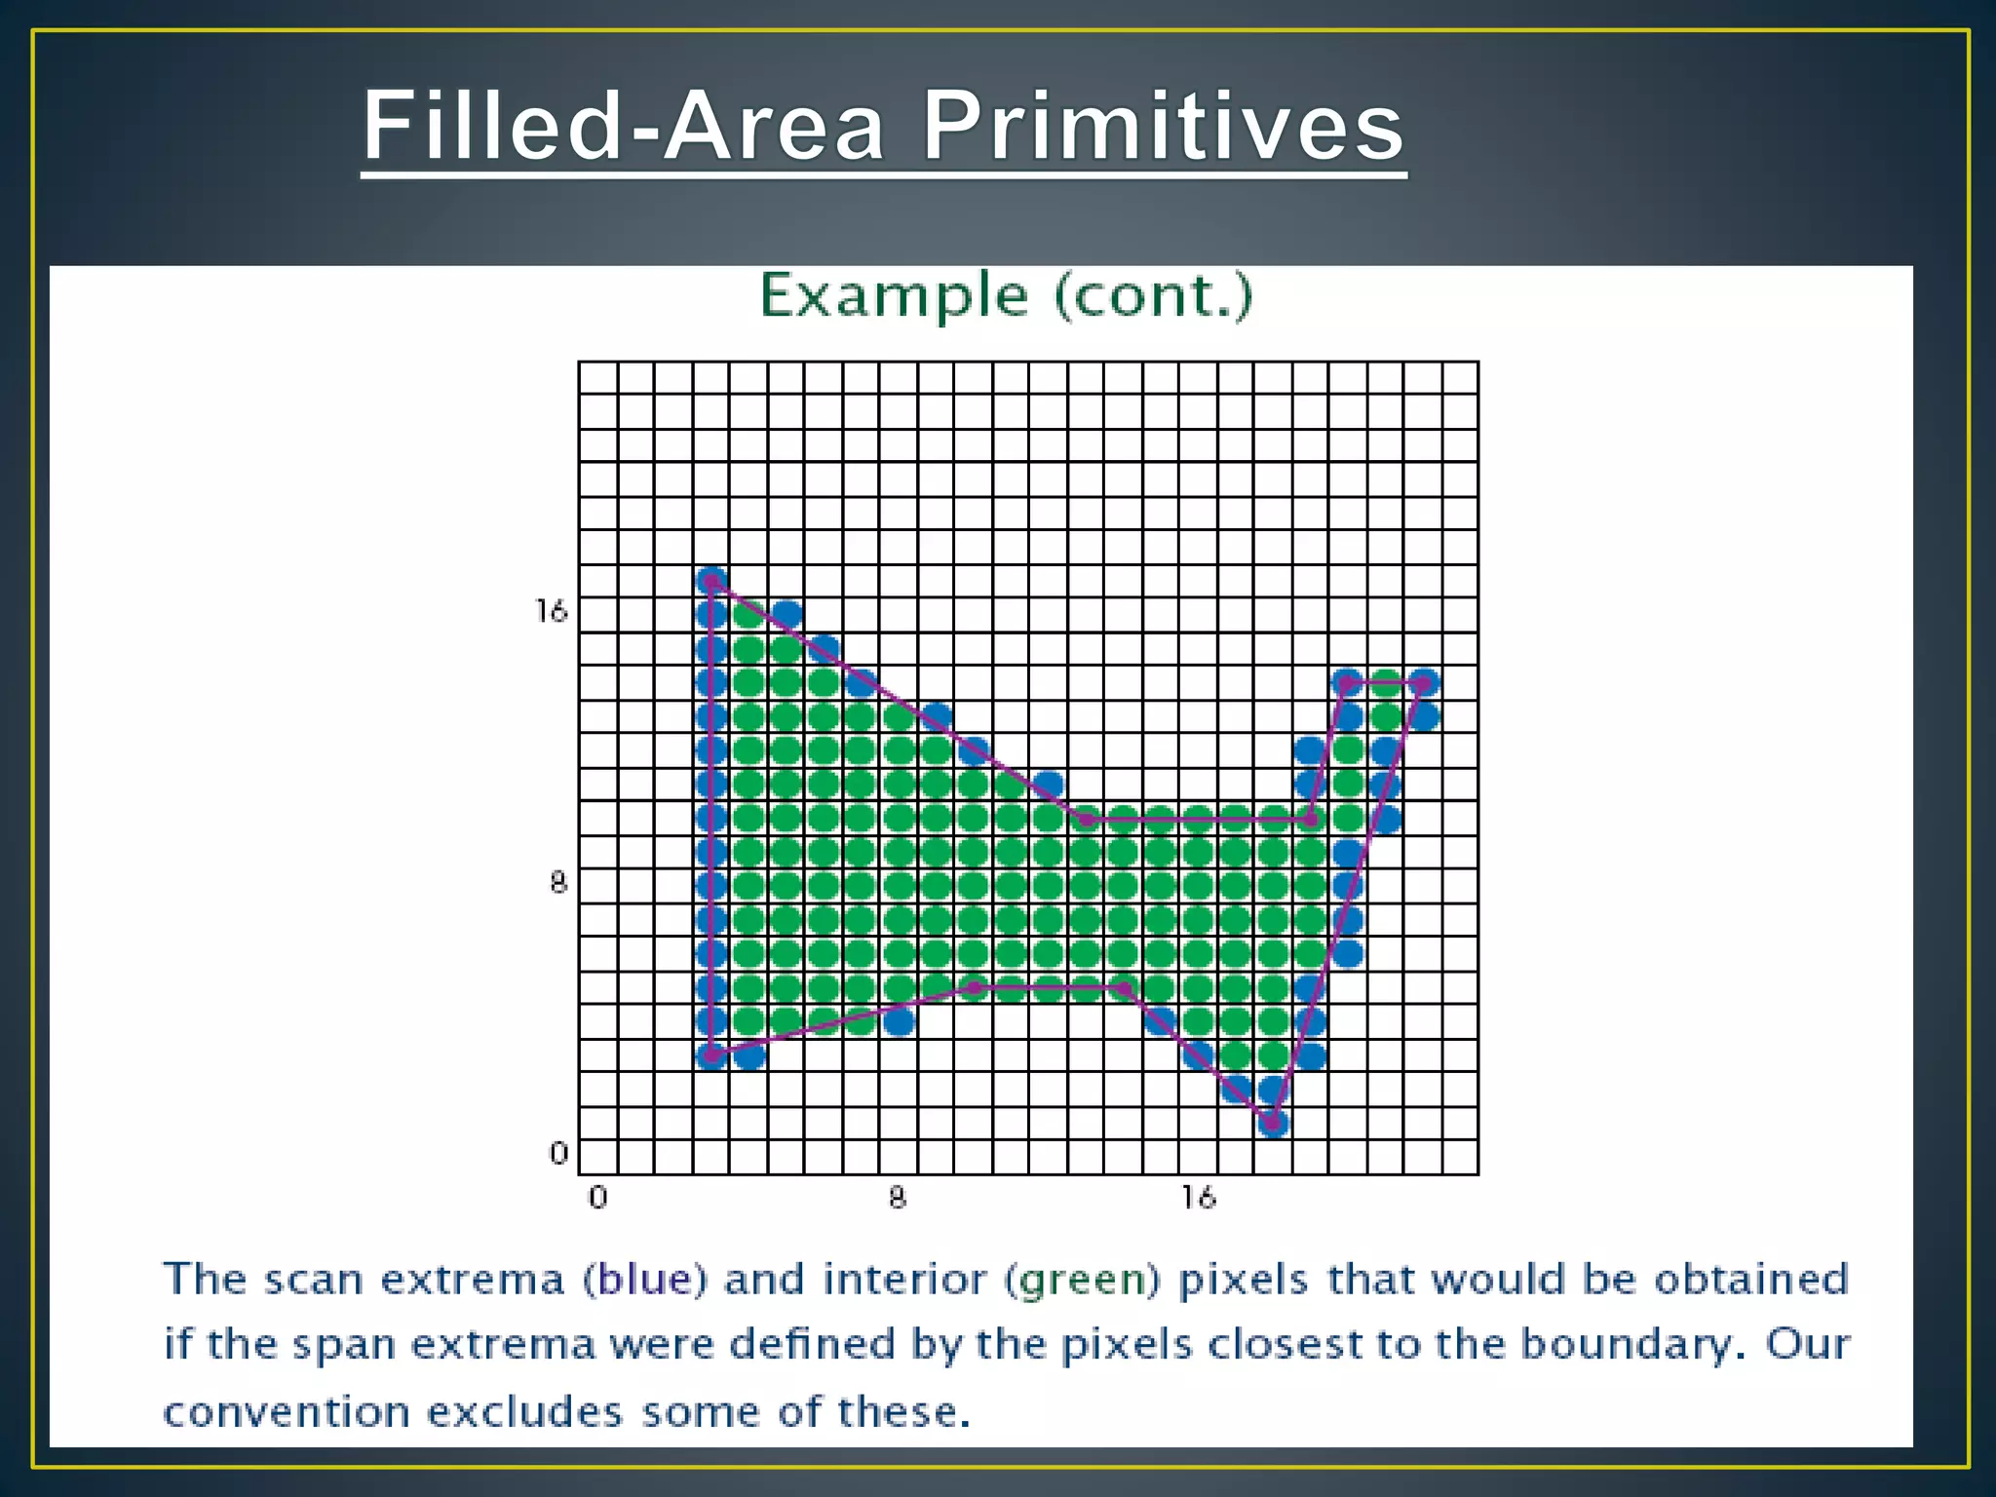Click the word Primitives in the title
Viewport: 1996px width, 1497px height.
point(1163,127)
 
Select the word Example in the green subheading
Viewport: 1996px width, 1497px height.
point(894,295)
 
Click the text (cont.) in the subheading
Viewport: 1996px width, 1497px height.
point(1153,295)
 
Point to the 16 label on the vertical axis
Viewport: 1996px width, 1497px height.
point(551,612)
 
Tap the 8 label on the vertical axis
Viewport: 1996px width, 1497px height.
point(557,883)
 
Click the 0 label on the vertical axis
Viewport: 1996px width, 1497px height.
point(558,1154)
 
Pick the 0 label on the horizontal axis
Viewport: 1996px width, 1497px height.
point(597,1198)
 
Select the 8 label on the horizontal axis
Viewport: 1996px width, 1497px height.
point(898,1198)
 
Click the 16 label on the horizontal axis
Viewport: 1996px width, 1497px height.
point(1199,1198)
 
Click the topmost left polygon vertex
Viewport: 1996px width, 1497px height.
point(712,582)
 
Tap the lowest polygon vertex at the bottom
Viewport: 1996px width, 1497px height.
point(1273,1123)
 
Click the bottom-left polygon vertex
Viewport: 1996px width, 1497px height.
point(712,1055)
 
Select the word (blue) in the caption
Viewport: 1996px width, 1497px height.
point(644,1280)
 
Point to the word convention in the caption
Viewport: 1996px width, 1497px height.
point(287,1412)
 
